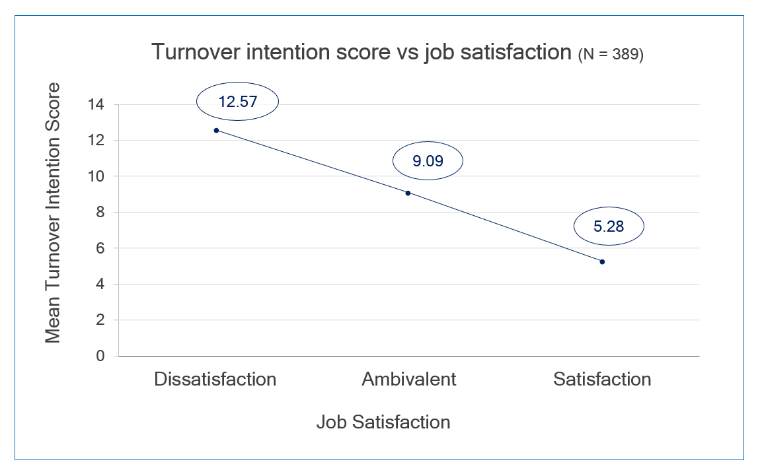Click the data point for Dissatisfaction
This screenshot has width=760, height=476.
pos(216,130)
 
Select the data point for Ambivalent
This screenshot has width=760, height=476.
pos(408,193)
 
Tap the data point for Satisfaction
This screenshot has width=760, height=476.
pos(602,261)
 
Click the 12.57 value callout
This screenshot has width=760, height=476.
pos(237,102)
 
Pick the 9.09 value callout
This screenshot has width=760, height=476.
pos(428,160)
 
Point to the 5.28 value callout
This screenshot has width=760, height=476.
pos(609,226)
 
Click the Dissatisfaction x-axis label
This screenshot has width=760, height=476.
pos(215,380)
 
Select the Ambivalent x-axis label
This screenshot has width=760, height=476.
pos(408,380)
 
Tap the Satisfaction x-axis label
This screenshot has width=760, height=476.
pos(602,380)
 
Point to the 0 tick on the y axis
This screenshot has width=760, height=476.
pos(100,356)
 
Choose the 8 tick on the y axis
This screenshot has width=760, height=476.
pos(100,212)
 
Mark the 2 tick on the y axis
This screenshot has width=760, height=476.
pos(100,320)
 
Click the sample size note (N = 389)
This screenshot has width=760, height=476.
pos(611,55)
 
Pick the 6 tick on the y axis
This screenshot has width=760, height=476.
pos(100,248)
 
